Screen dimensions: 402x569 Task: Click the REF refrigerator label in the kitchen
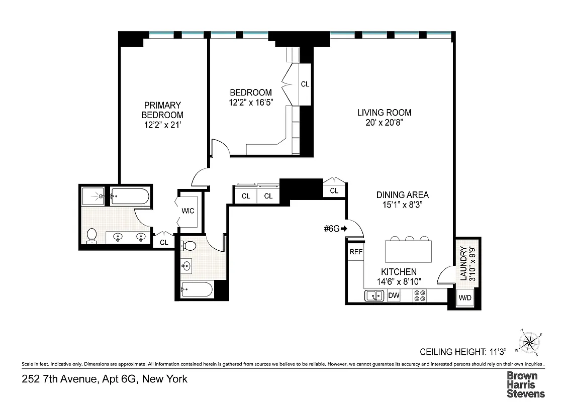pyautogui.click(x=356, y=252)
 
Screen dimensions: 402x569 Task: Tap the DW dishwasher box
pyautogui.click(x=394, y=295)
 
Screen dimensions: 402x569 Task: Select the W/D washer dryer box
pyautogui.click(x=465, y=297)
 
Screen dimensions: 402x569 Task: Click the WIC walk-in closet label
pyautogui.click(x=188, y=211)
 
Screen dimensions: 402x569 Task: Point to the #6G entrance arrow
pyautogui.click(x=344, y=229)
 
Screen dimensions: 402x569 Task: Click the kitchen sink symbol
pyautogui.click(x=374, y=296)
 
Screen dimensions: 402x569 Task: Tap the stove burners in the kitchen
pyautogui.click(x=420, y=296)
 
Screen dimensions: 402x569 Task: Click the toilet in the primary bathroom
pyautogui.click(x=92, y=235)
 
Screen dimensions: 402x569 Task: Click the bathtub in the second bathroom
pyautogui.click(x=197, y=290)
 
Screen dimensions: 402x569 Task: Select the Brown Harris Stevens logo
pyautogui.click(x=525, y=384)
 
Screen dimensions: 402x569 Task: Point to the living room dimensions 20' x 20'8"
pyautogui.click(x=385, y=122)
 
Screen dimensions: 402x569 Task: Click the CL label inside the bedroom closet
pyautogui.click(x=305, y=84)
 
